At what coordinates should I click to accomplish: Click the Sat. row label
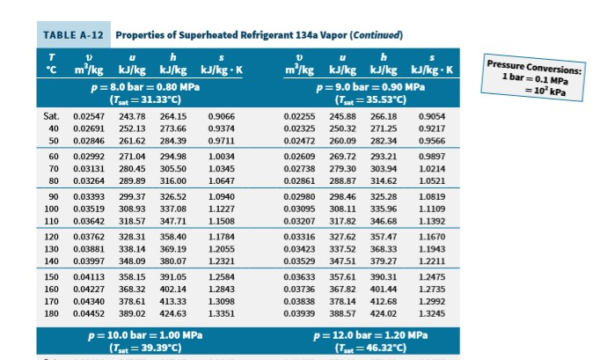(52, 115)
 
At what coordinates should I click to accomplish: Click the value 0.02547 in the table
(89, 115)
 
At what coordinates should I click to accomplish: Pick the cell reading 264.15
(173, 115)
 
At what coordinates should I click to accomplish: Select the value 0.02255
(300, 115)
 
